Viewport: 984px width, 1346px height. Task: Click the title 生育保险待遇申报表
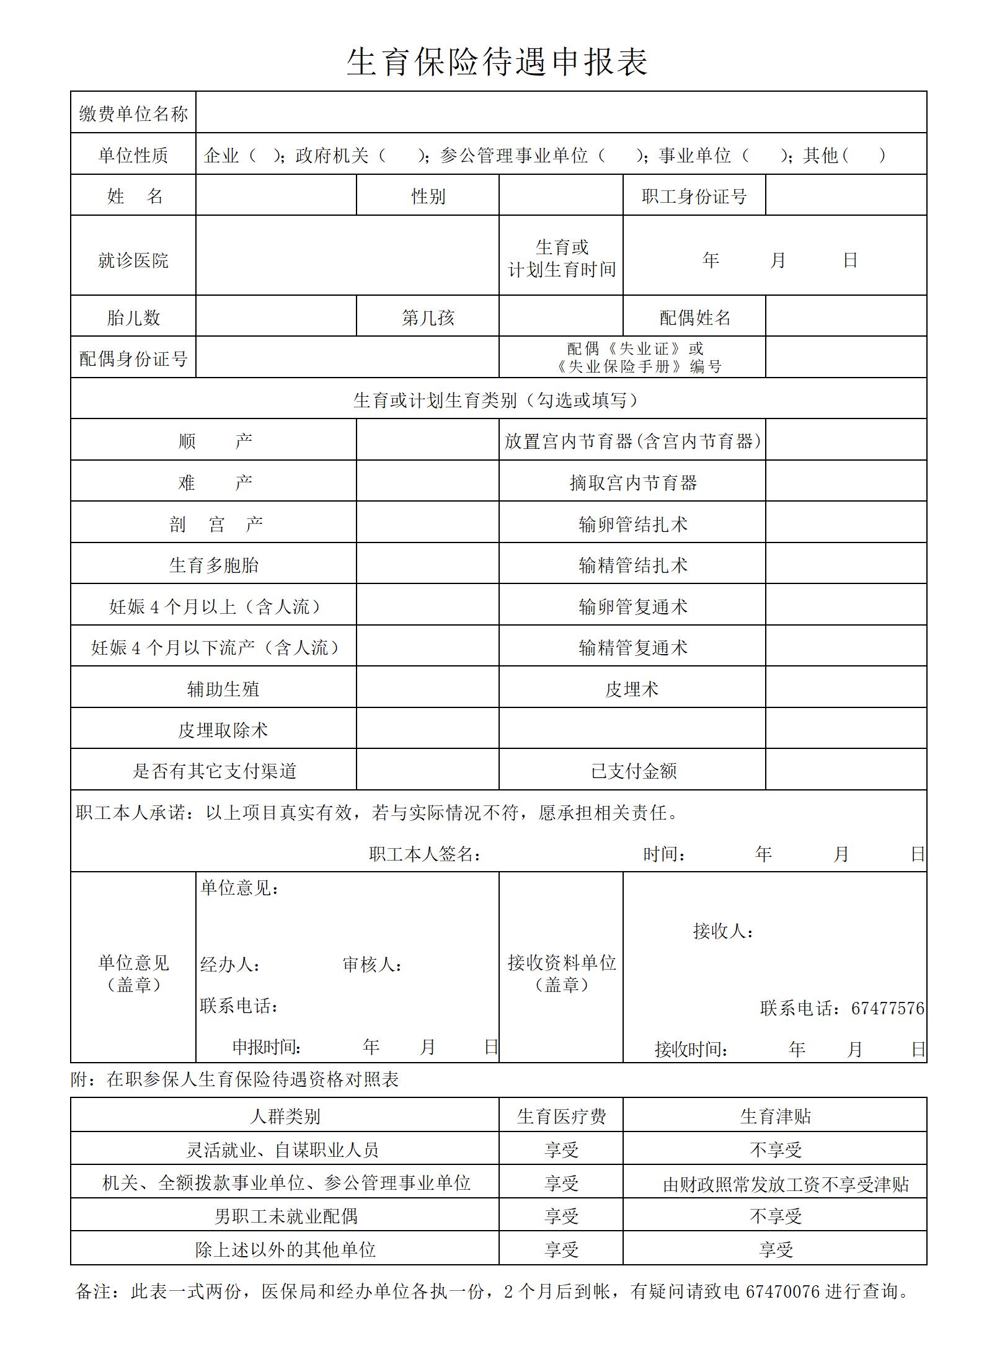coord(497,63)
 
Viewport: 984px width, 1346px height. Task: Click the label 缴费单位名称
coord(133,113)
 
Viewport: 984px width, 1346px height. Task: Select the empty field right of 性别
coord(561,196)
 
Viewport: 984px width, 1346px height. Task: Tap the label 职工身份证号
coord(694,197)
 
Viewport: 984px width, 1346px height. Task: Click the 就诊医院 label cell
coord(133,260)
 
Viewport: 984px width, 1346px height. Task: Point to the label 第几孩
coord(428,318)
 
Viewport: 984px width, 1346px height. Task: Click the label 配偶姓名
coord(694,318)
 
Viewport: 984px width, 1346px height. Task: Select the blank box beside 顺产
coord(427,441)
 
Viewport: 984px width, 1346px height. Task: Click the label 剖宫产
coord(215,525)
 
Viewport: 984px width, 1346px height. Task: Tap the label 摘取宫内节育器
coord(633,483)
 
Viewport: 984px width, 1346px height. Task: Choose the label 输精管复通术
coord(633,648)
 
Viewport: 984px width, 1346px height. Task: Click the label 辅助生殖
coord(223,689)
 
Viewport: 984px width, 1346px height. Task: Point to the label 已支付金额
coord(633,771)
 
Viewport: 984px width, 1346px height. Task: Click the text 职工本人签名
coord(425,854)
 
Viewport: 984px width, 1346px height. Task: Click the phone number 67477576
coord(887,1009)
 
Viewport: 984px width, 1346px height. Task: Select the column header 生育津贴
coord(775,1117)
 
